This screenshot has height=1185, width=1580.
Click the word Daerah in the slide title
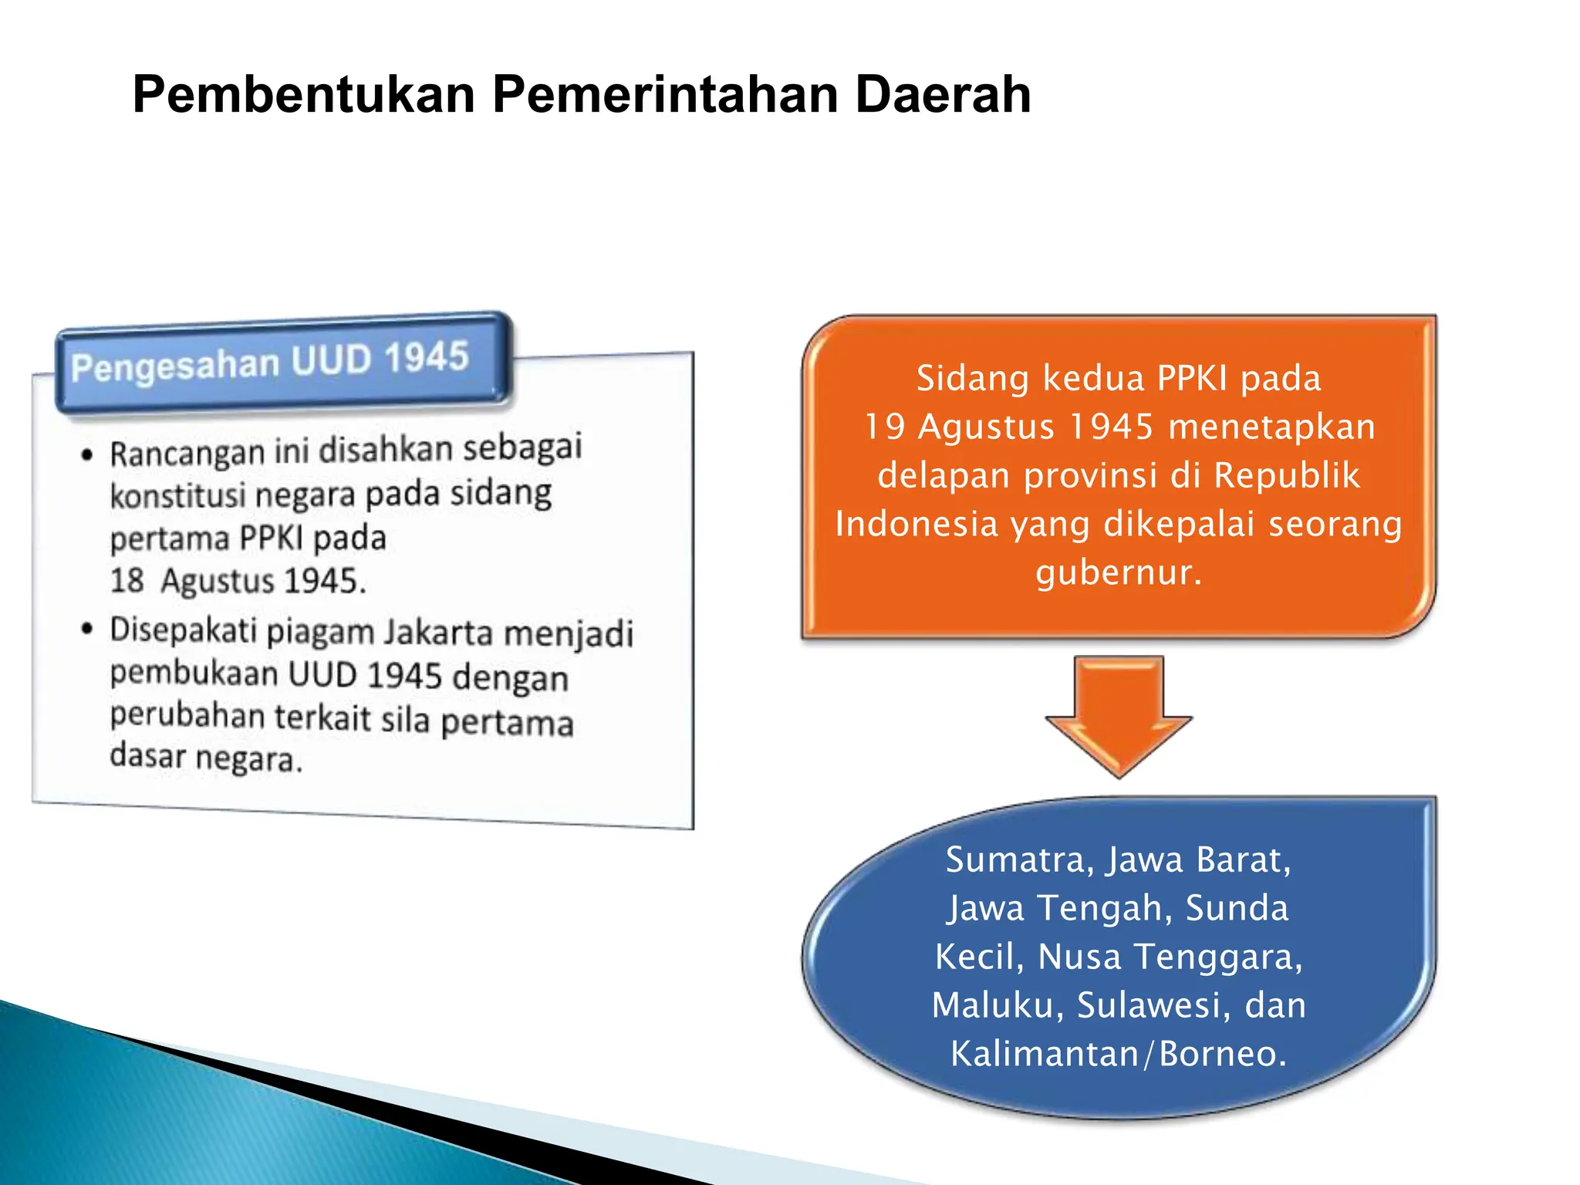pyautogui.click(x=943, y=94)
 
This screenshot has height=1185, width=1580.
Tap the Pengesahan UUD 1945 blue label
pyautogui.click(x=270, y=362)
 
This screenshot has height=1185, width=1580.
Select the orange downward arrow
pyautogui.click(x=1118, y=714)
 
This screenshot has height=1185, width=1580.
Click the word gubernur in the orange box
pyautogui.click(x=1119, y=572)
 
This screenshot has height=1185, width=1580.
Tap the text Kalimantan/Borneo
pyautogui.click(x=1119, y=1054)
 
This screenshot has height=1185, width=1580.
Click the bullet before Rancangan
pyautogui.click(x=87, y=454)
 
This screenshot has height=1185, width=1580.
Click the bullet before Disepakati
pyautogui.click(x=87, y=630)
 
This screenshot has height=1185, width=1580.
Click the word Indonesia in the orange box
pyautogui.click(x=917, y=524)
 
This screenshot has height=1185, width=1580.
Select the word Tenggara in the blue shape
pyautogui.click(x=1217, y=957)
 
